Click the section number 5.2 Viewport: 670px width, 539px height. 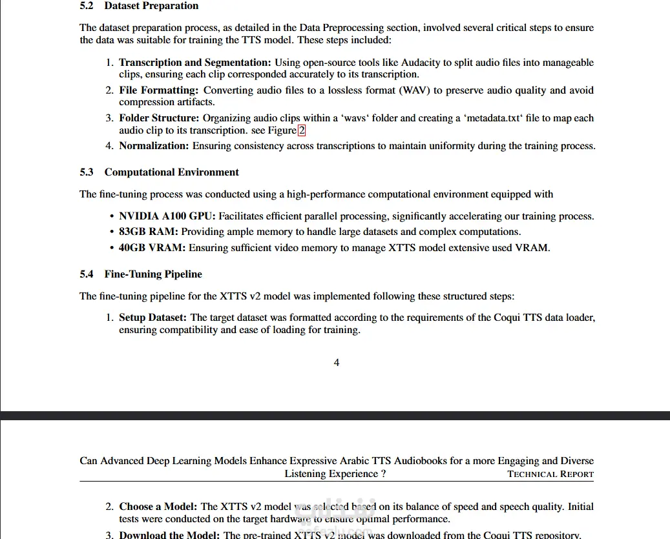coord(87,6)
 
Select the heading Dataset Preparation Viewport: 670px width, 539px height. coord(151,6)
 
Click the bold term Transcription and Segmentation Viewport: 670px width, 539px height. coord(194,63)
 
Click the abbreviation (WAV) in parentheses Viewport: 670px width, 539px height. coord(415,90)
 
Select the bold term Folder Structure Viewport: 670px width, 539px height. coord(159,118)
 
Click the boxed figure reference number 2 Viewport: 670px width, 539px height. coord(302,130)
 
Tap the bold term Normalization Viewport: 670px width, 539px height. coord(154,146)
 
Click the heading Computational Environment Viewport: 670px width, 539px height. coord(171,172)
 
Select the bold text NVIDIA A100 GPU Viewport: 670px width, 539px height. coord(167,216)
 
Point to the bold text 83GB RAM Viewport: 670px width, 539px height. coord(149,232)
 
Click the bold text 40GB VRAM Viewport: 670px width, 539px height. coord(152,247)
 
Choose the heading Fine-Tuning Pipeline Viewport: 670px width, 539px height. coord(153,274)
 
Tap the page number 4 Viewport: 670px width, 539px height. coord(336,363)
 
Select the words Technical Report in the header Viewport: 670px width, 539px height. coord(550,474)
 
